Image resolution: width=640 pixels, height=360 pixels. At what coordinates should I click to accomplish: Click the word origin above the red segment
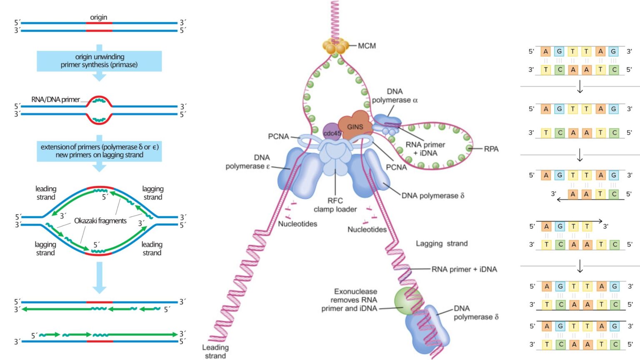(99, 17)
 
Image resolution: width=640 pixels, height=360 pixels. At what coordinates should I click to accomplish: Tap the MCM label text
(367, 46)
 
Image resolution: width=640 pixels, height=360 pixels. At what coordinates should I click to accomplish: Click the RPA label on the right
(491, 149)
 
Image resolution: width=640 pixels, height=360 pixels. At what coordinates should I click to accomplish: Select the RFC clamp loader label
(335, 205)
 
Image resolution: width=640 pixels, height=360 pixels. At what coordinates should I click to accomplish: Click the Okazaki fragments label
(100, 221)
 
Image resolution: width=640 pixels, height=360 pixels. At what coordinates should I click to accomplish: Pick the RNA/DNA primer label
(55, 99)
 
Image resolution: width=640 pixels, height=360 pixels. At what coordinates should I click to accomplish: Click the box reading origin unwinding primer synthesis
(99, 61)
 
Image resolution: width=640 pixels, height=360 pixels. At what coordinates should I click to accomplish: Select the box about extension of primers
(99, 151)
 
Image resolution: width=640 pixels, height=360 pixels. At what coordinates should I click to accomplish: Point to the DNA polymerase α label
(395, 96)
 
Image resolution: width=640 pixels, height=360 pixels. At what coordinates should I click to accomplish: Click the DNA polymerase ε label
(248, 162)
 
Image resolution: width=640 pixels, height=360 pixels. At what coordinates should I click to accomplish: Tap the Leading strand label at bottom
(215, 351)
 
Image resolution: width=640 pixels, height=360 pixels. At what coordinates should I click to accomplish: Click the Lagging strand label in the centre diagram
(442, 243)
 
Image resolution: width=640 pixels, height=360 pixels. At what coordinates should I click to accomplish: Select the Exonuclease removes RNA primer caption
(350, 300)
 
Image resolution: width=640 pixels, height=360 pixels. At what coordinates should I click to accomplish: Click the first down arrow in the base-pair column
(580, 87)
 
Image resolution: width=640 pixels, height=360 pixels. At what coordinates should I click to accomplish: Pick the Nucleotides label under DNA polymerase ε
(297, 224)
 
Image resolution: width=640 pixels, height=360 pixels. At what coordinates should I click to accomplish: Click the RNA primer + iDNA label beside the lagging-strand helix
(464, 269)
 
